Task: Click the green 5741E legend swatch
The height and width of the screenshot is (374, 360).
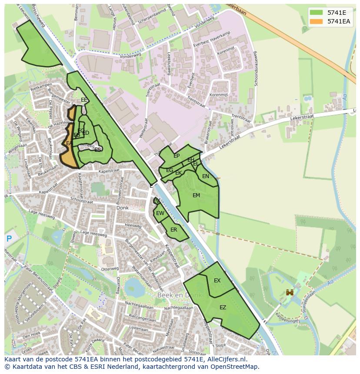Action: [317, 13]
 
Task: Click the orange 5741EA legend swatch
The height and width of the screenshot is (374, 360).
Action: [317, 21]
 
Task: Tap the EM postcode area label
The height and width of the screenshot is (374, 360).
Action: [196, 195]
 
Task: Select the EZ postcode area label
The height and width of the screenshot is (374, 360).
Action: [223, 308]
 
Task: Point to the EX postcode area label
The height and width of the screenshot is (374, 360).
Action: [217, 281]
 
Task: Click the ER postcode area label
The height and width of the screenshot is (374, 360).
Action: [173, 230]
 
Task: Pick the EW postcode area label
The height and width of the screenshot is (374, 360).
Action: [160, 213]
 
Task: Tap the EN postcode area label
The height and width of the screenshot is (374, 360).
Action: [206, 176]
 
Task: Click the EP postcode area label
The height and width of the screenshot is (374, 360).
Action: [177, 156]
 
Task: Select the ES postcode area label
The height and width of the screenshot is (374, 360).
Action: [98, 149]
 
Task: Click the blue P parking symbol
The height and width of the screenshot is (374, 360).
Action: [9, 238]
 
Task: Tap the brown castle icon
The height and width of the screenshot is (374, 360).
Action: [289, 293]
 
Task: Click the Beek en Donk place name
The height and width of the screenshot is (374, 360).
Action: [179, 295]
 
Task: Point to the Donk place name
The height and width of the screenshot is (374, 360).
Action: [123, 208]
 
